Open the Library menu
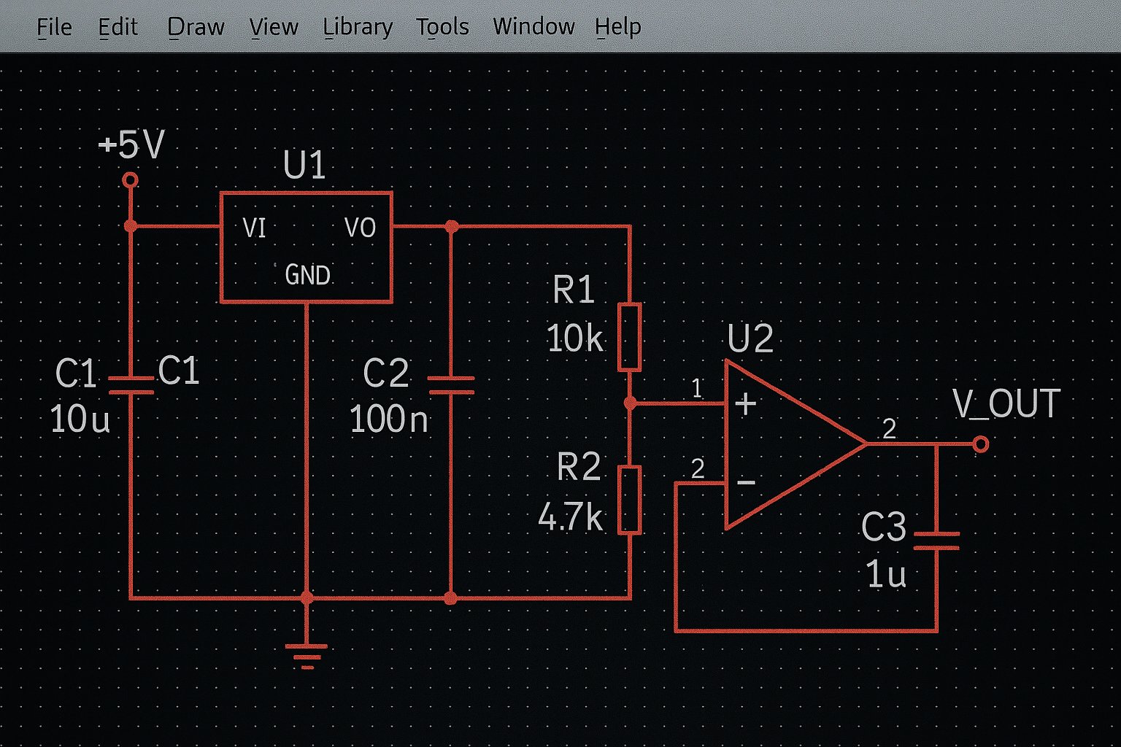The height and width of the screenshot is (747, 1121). click(x=358, y=27)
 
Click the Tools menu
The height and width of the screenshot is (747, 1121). click(x=442, y=27)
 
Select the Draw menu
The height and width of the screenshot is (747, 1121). click(x=196, y=27)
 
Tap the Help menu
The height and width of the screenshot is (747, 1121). click(x=617, y=27)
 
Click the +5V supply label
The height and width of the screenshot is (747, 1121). click(x=132, y=144)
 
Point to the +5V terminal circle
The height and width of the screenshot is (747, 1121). click(x=131, y=179)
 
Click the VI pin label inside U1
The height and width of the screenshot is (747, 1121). click(x=254, y=228)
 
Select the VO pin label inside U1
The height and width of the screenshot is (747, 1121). click(x=360, y=228)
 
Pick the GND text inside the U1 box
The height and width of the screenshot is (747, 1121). click(x=307, y=275)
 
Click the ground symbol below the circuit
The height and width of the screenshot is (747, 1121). click(x=307, y=655)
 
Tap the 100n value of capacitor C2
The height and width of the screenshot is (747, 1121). click(x=388, y=419)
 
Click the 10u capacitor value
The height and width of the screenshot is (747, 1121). click(x=80, y=419)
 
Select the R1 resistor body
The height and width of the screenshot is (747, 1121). click(x=630, y=337)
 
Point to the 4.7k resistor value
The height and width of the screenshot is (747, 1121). click(x=570, y=517)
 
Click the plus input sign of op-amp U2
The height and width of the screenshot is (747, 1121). click(x=745, y=404)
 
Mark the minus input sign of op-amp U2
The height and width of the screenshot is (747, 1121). click(x=746, y=482)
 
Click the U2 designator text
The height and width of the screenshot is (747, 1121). click(x=750, y=338)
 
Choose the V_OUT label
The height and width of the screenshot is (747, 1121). click(x=1006, y=404)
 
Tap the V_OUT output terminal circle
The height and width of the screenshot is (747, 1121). click(x=981, y=444)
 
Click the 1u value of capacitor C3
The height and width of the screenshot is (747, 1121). click(x=886, y=575)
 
